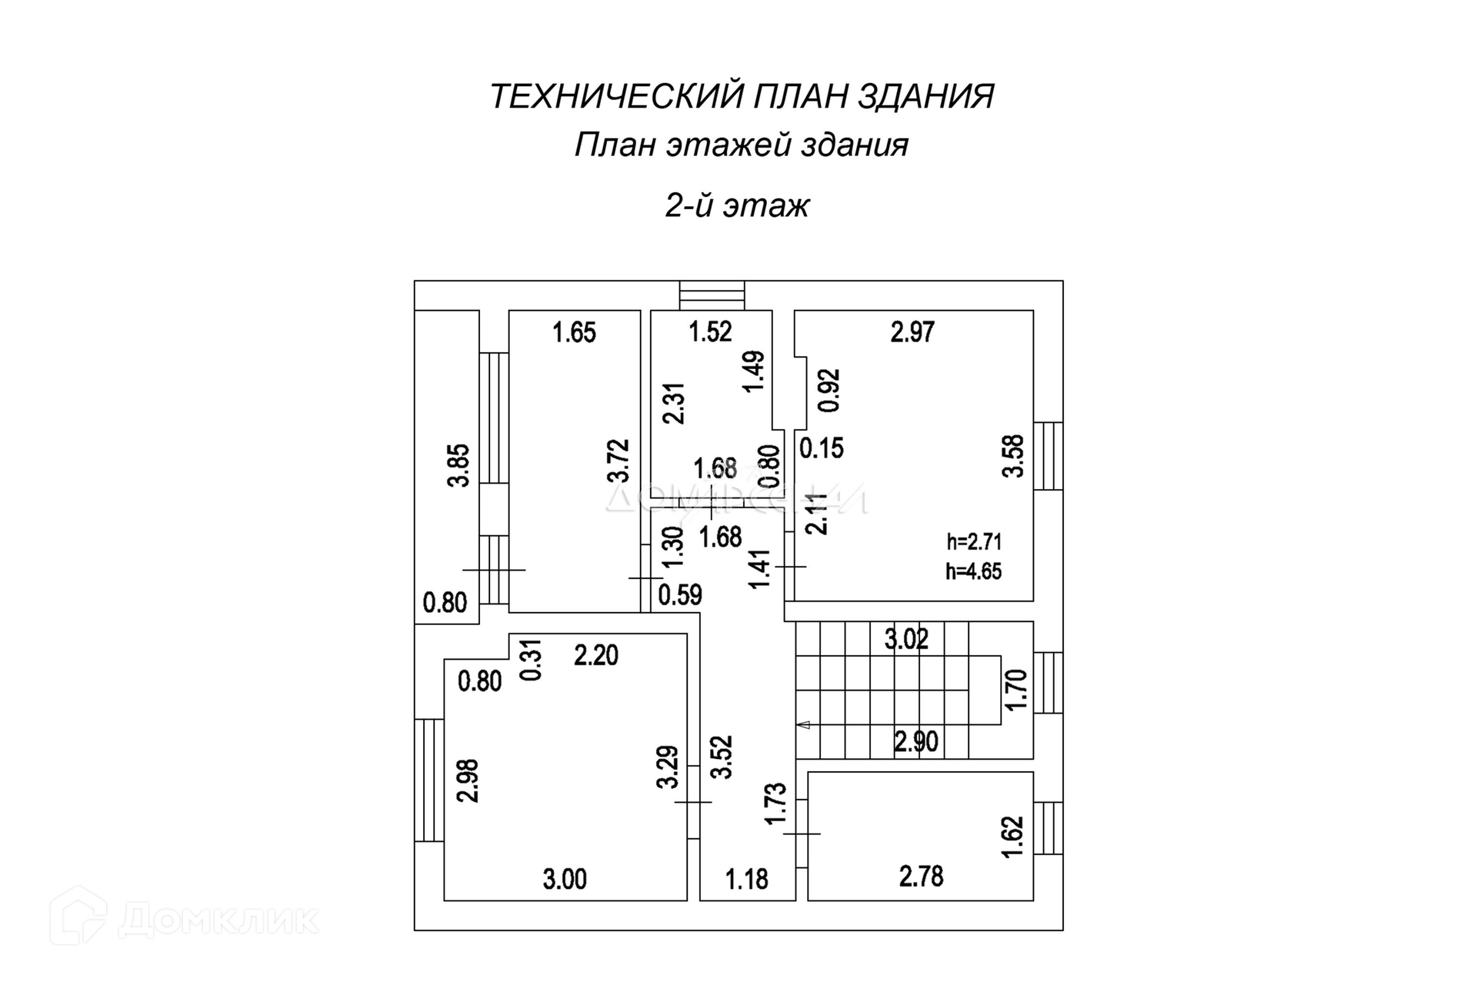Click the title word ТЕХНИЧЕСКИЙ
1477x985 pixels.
point(616,97)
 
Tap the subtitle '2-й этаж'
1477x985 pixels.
point(737,206)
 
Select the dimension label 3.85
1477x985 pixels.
point(459,465)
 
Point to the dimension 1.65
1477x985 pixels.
point(575,333)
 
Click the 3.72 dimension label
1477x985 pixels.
point(618,461)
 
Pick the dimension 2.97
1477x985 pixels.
point(912,332)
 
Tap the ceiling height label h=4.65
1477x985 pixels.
point(974,571)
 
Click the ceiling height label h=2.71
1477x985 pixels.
point(974,542)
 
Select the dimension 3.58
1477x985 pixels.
point(1014,457)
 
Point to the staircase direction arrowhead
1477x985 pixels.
point(804,724)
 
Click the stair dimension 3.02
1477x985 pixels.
point(906,639)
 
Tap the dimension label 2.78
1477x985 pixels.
point(921,877)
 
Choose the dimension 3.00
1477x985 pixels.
point(565,879)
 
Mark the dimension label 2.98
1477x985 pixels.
point(468,780)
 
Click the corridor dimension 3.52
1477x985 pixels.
point(722,757)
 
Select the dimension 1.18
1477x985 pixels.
point(747,879)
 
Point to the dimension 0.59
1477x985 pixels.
point(680,595)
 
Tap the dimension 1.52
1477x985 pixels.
point(710,332)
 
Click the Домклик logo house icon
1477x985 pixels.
point(78,917)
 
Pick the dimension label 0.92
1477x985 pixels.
point(829,391)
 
